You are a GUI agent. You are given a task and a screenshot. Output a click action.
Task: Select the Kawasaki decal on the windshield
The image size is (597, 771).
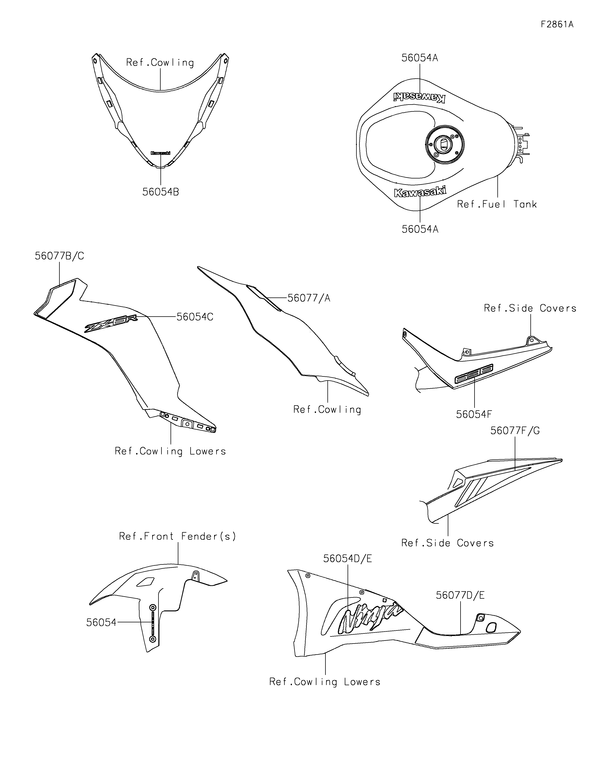160,153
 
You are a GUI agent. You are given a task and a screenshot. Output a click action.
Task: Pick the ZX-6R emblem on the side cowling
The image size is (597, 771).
110,323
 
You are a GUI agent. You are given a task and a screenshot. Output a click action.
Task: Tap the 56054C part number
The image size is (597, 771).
195,317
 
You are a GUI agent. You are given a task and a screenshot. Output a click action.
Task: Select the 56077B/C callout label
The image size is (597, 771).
59,256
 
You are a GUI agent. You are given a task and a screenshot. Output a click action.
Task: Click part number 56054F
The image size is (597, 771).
474,414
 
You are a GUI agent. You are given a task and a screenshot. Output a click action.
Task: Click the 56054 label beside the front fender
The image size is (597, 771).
101,622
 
